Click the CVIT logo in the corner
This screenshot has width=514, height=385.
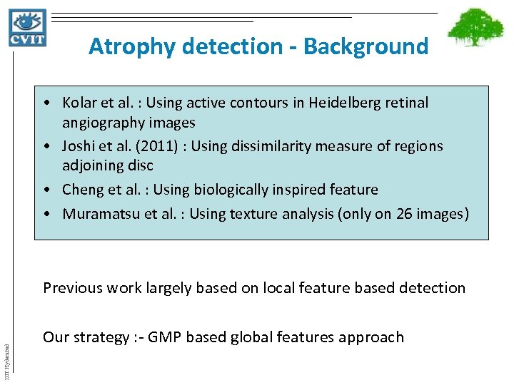coord(28,27)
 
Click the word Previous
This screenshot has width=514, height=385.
coord(72,288)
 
